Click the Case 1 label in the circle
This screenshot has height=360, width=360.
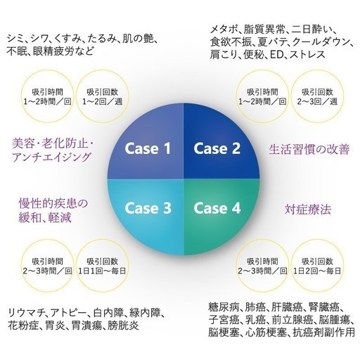tap(148, 148)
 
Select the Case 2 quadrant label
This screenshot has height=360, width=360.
tap(217, 148)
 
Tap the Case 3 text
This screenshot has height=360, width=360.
tap(148, 208)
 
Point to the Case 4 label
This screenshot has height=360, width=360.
tap(217, 208)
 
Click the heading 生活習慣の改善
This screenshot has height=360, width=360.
tap(309, 149)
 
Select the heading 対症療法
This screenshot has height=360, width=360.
tap(308, 210)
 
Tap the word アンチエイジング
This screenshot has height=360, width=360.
tap(51, 157)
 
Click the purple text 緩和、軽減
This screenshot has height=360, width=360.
tap(45, 218)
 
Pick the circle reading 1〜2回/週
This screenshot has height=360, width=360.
tap(103, 96)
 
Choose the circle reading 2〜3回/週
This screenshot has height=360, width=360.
tap(317, 96)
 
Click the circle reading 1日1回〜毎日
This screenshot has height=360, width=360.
tap(103, 266)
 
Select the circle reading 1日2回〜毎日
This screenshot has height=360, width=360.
tap(317, 266)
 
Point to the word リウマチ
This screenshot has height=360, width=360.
tap(25, 313)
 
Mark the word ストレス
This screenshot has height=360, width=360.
tap(307, 55)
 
